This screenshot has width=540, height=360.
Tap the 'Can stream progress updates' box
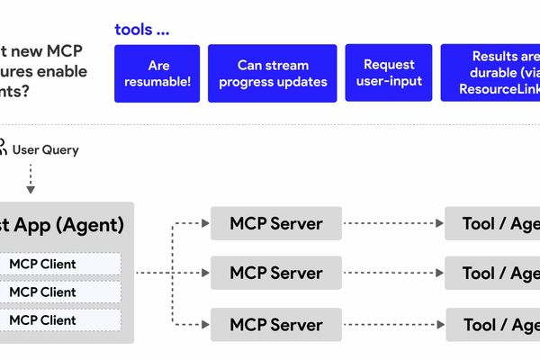point(272,73)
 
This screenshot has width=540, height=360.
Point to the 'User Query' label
point(45,149)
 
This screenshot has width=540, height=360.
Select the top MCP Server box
point(275,223)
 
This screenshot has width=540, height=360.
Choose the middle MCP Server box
point(275,272)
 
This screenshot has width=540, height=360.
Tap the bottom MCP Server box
point(275,323)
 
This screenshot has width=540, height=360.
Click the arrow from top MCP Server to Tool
point(393,223)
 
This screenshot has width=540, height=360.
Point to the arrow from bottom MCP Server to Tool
point(393,323)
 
